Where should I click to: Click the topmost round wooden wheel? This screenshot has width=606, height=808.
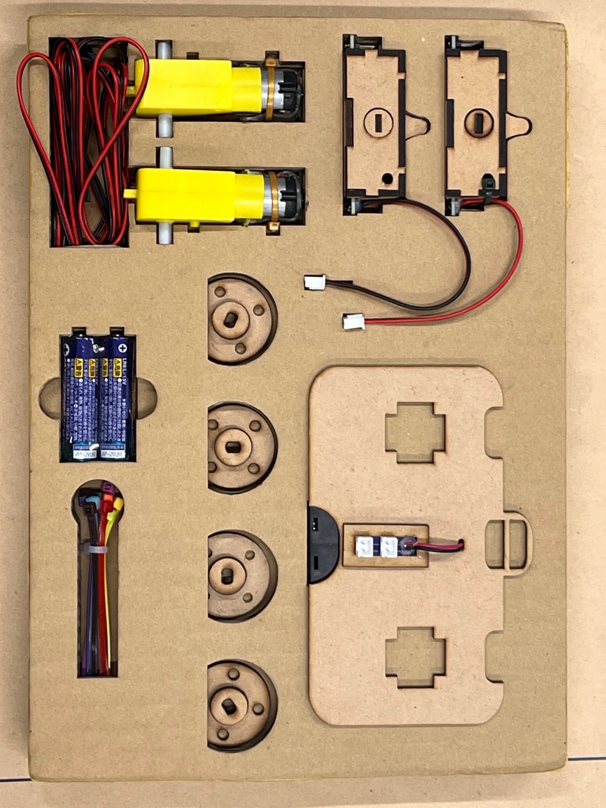241,319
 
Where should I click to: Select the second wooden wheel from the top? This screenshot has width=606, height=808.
241,448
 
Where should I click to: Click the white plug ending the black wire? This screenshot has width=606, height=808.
315,282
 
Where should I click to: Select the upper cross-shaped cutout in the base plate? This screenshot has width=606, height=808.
415,432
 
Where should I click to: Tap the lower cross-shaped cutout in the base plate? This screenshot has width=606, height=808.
416,657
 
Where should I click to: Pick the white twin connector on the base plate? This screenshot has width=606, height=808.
376,546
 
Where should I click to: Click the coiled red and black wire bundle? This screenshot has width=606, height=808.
87,142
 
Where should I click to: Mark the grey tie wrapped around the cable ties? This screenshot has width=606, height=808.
94,550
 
